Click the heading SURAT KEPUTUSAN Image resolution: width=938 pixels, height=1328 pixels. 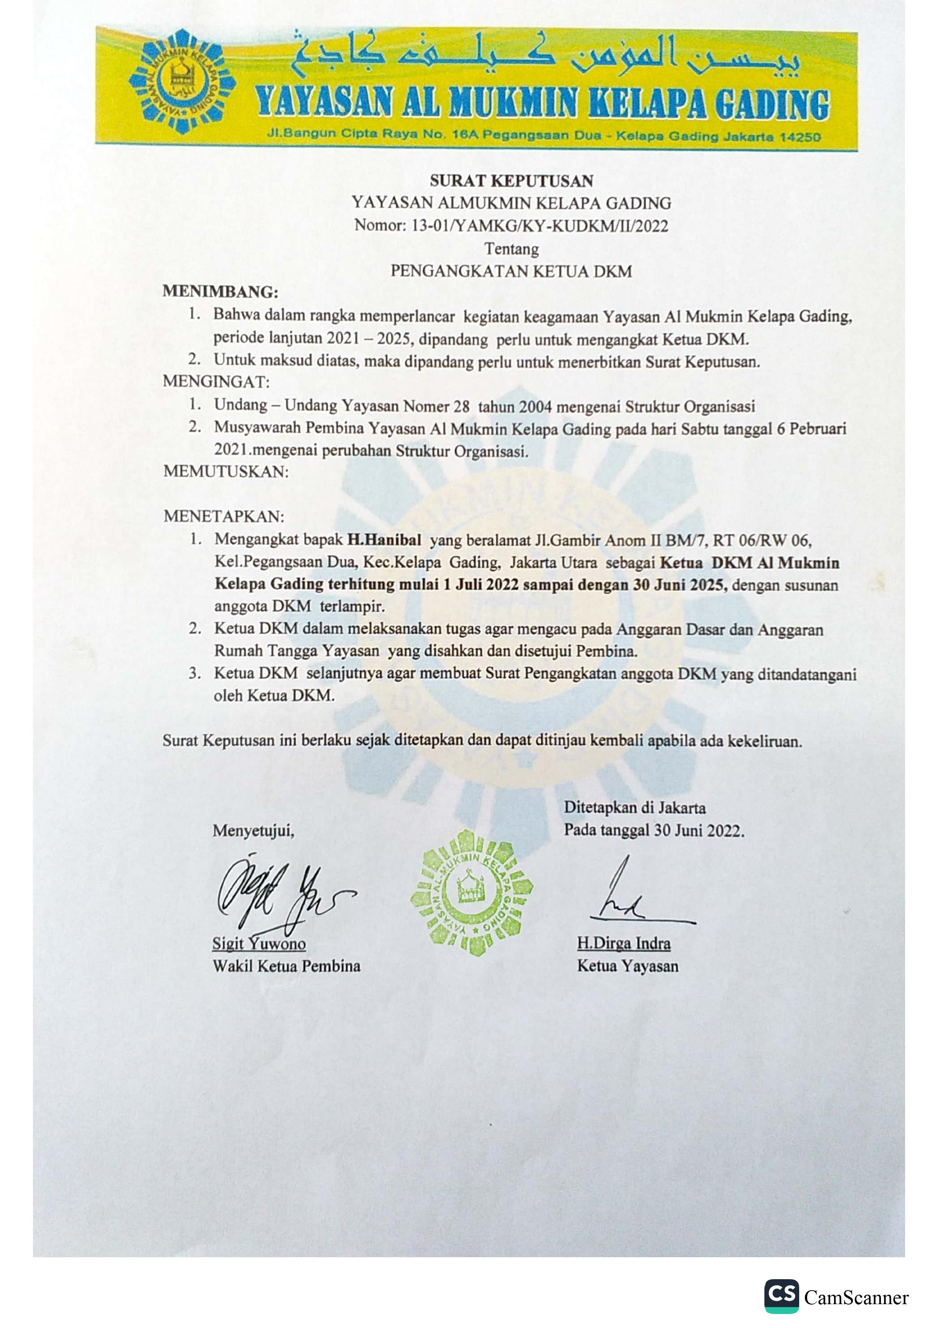tap(511, 181)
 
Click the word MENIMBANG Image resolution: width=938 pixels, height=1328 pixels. tap(220, 291)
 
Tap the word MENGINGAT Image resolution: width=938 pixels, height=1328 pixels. tap(216, 382)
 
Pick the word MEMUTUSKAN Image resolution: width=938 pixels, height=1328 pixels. tap(225, 472)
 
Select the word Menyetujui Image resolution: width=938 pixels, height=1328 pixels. tap(253, 831)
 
